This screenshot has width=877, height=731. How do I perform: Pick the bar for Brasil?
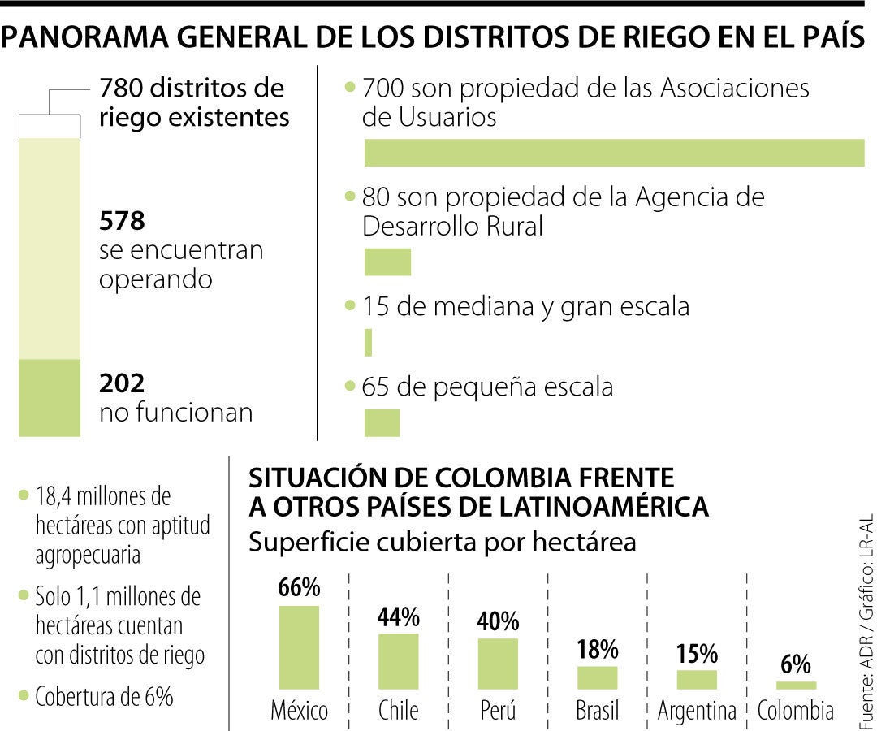(x=598, y=677)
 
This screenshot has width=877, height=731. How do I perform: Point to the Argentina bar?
(x=697, y=679)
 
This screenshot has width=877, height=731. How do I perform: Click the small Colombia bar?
(x=796, y=686)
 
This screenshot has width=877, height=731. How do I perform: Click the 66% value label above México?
(x=299, y=588)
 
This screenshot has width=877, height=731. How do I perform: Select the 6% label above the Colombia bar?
(x=796, y=665)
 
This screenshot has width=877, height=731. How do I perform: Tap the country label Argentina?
(x=697, y=712)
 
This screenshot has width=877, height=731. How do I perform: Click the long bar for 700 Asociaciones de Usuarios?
(x=614, y=153)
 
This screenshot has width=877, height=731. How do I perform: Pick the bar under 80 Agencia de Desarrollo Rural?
(x=387, y=262)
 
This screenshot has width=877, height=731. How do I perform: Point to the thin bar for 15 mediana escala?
(x=369, y=342)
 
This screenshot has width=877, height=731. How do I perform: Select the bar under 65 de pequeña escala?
(x=382, y=422)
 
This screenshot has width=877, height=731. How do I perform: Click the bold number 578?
(x=122, y=221)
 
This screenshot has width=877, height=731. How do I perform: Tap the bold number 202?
(x=122, y=383)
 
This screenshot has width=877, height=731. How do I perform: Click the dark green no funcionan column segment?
(x=50, y=398)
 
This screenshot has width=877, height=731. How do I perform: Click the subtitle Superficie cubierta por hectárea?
(x=443, y=542)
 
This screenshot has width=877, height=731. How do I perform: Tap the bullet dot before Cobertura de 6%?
(x=23, y=696)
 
